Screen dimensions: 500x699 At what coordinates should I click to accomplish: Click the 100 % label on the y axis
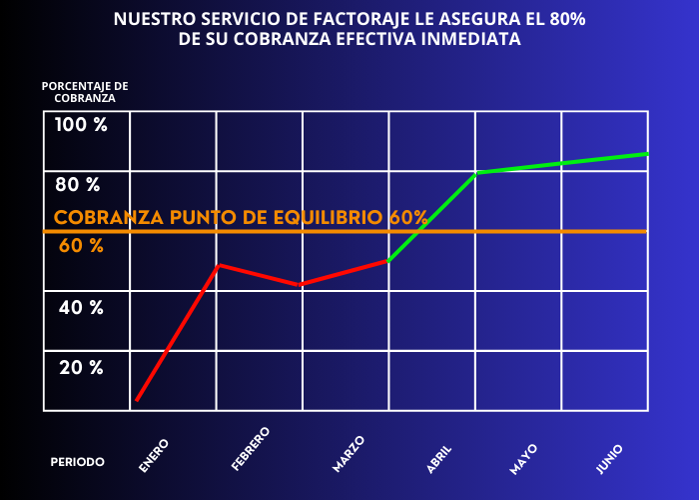pos(81,126)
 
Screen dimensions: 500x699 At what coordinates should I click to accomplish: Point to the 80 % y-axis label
pos(78,185)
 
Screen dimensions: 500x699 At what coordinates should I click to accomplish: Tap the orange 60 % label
pos(81,246)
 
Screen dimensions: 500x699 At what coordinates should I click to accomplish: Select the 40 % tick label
pos(81,308)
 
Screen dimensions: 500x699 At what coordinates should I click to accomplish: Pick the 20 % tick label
pos(81,368)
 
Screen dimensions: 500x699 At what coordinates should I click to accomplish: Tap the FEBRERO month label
pos(251,449)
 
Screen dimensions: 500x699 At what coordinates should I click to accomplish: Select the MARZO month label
pos(349,453)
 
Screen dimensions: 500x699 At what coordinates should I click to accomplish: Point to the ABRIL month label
pos(439,455)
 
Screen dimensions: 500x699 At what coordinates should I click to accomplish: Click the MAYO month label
pos(523,456)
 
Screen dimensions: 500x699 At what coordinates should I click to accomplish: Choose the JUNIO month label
pos(610,456)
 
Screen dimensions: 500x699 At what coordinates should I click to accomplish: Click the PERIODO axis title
pos(77,462)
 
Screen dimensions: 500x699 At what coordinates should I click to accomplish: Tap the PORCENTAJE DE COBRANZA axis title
pos(85,92)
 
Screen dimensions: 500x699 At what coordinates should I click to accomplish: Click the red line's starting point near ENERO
pos(137,400)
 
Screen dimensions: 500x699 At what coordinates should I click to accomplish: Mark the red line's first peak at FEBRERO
pos(219,265)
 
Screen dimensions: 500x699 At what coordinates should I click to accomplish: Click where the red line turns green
pos(387,261)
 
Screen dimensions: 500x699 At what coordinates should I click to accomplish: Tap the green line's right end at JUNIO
pos(647,153)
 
